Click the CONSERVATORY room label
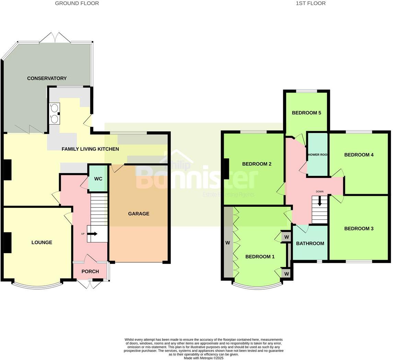coord(47,78)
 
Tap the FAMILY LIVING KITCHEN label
coord(90,149)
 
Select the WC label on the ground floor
coord(98,179)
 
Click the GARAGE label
coord(139,214)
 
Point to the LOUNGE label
coord(42,243)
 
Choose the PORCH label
coord(90,271)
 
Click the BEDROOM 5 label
coord(307,113)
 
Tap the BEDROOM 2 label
coord(257,164)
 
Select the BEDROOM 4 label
coord(359,155)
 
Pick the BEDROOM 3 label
coord(359,229)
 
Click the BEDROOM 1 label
coord(260,257)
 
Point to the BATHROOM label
coord(310,244)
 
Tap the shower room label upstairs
coord(317,155)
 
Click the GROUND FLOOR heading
coord(77,3)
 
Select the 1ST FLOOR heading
coord(311,3)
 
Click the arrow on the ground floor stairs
coord(93,234)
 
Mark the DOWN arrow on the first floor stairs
coord(320,201)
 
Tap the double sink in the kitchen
coord(54,113)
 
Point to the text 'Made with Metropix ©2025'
coord(204,358)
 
